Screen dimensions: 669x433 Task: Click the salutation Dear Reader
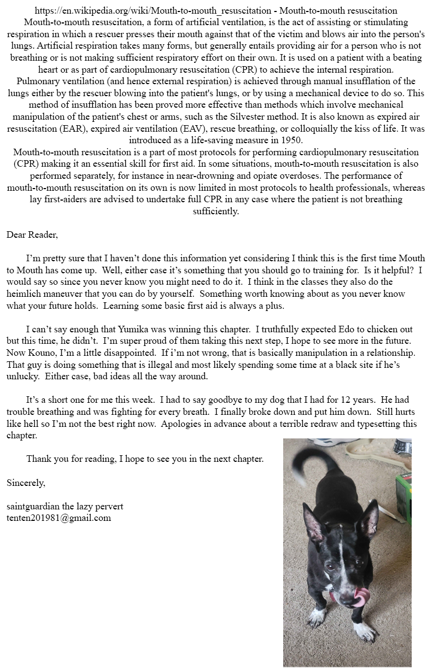click(32, 235)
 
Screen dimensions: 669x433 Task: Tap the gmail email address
click(58, 518)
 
